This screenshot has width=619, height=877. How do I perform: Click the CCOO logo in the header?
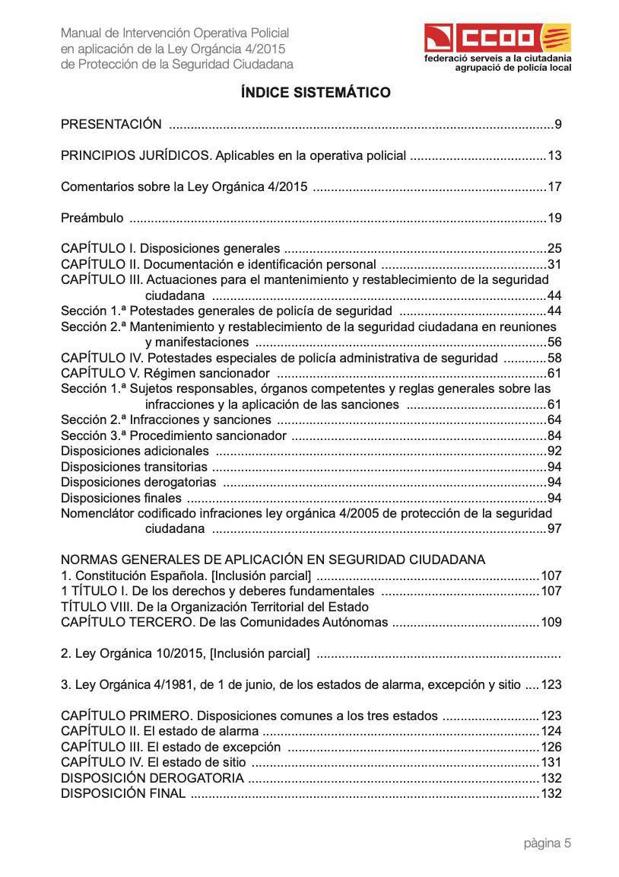(x=497, y=37)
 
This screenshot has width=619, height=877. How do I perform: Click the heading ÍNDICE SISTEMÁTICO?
(x=316, y=93)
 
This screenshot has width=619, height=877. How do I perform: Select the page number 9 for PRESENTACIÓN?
(x=557, y=125)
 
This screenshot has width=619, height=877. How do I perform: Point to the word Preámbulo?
(x=92, y=218)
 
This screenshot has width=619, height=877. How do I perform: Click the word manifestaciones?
(x=197, y=343)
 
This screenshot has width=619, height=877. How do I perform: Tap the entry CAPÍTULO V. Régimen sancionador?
(x=165, y=373)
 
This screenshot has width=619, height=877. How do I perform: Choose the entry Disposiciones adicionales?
(x=135, y=451)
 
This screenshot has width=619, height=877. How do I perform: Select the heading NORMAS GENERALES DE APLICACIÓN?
(x=272, y=560)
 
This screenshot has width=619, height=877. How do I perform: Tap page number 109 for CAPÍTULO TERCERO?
(x=551, y=623)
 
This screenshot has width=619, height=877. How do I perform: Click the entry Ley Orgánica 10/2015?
(x=185, y=653)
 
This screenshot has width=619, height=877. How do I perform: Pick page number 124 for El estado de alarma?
(x=551, y=732)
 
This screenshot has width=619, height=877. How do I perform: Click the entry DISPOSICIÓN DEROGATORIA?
(x=152, y=778)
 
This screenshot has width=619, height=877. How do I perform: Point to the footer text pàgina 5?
(x=547, y=843)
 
